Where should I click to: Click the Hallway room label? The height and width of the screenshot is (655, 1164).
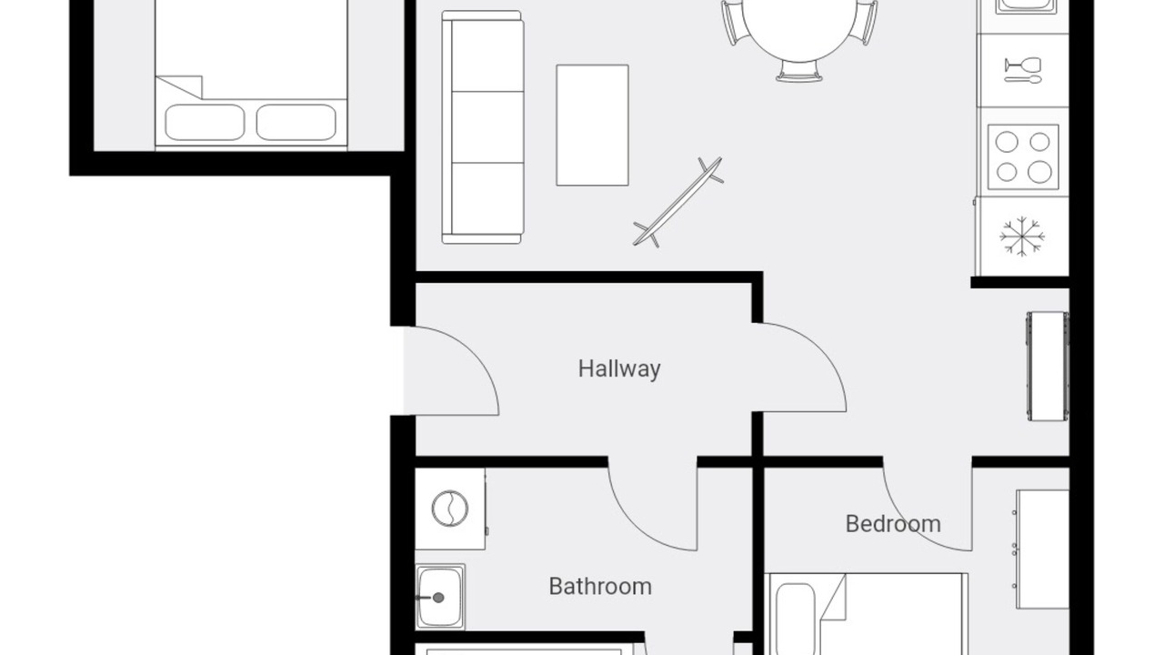pos(619,369)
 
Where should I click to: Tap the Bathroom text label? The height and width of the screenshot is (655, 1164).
pos(600,587)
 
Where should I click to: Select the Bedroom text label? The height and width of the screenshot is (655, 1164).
pos(893,524)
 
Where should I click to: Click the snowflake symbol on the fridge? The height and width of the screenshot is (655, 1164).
pos(1022,237)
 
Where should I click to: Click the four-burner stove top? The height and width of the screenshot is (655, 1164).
pos(1023,157)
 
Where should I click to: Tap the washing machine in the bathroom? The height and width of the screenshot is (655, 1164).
pos(450,509)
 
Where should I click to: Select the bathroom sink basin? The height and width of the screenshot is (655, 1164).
pos(440,598)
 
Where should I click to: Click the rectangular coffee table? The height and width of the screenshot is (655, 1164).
pos(592,125)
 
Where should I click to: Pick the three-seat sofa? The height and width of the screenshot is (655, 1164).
pos(482,126)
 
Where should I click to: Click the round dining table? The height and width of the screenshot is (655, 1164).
pos(799,26)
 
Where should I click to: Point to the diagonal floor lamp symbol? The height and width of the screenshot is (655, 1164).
pos(677,202)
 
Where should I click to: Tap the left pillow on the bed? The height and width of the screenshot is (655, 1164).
pos(205,122)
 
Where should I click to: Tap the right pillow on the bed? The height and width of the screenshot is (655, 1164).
pos(296,122)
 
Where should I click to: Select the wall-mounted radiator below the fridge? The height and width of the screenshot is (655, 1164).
pos(1047,366)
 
